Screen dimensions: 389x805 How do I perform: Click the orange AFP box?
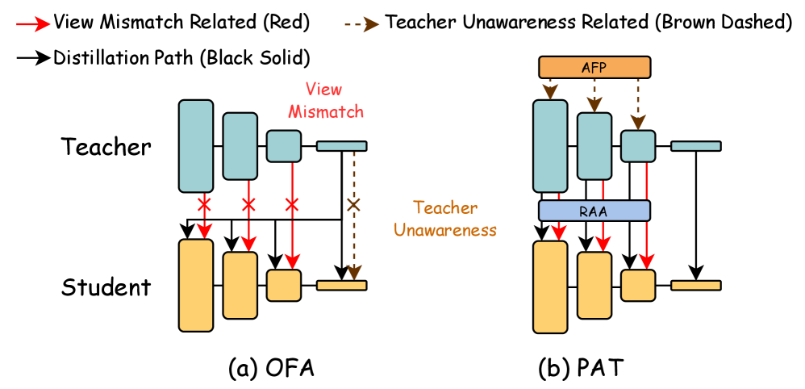coord(594,67)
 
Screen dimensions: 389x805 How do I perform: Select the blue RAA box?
coord(594,211)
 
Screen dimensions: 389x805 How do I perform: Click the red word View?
coord(323,90)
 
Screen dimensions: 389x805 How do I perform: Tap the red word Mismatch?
coord(326,111)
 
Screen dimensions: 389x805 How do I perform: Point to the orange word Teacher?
coord(445,207)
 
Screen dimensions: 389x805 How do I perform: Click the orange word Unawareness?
coord(445,230)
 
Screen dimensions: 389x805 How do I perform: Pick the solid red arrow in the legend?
coord(33,24)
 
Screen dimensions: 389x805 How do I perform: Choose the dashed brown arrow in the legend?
coord(361,24)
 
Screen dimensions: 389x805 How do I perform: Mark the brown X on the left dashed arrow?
coord(353,205)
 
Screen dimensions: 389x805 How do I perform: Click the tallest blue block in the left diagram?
coord(196,146)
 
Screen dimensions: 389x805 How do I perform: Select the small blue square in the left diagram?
coord(284,146)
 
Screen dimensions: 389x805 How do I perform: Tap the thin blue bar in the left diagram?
coord(341,146)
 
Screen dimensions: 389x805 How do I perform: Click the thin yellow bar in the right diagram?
coord(695,285)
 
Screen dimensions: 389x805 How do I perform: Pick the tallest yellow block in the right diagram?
coord(550,287)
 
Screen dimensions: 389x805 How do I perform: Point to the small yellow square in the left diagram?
coord(284,285)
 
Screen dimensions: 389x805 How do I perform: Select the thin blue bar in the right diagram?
coord(695,146)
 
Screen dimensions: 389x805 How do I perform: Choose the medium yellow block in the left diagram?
coord(240,285)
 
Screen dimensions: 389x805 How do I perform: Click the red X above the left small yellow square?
coord(292,205)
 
